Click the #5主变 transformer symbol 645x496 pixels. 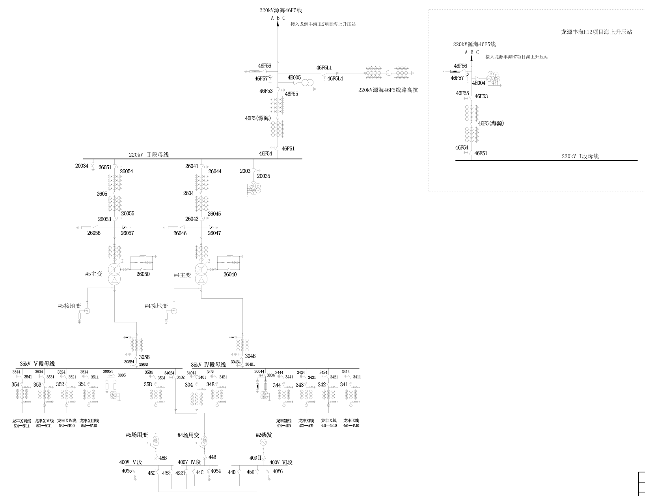point(114,273)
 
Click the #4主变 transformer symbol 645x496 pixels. point(201,273)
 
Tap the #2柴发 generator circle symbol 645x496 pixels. point(263,442)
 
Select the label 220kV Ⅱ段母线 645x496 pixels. point(149,155)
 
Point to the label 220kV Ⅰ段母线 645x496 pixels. point(580,156)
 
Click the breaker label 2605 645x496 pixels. point(102,194)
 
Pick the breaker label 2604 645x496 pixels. point(188,193)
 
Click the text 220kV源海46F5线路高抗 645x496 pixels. point(388,90)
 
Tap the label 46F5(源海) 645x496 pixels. point(258,118)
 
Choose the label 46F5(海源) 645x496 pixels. point(491,124)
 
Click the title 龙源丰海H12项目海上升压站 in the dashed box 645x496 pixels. point(596,32)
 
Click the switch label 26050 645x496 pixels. point(143,274)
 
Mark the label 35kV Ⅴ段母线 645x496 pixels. point(37,364)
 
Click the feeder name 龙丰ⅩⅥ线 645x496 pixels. point(22,421)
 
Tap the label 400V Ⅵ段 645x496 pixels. point(281,462)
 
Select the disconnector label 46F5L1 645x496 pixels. point(324,68)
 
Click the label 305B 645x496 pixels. point(144,357)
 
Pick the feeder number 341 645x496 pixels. point(344,385)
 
